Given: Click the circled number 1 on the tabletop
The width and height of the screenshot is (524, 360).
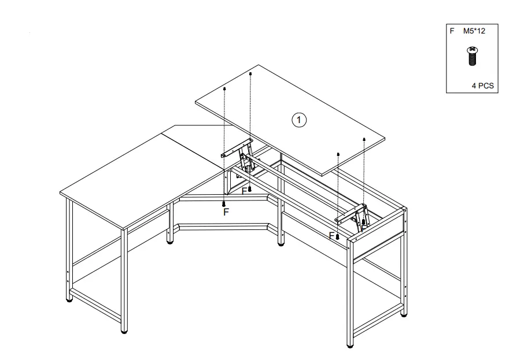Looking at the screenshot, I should coord(299,120).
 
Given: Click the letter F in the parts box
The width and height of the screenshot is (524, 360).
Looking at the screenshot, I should coord(452,32).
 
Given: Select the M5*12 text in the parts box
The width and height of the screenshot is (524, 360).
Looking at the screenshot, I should coord(474,32).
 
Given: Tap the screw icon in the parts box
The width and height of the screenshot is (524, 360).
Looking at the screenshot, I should coord(472,55).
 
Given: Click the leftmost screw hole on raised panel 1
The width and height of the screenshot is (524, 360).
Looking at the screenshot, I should coord(224,89).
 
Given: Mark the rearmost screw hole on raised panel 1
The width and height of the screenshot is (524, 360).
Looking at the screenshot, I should coord(250,74).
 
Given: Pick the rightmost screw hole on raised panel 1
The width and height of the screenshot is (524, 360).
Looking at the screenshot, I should coord(364,139).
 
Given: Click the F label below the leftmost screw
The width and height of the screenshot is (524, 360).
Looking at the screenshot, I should coord(226,213).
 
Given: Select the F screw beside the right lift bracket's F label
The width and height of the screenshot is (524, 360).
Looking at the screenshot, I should coord(337,236).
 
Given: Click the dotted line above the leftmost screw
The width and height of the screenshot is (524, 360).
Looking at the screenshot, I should coord(224,144).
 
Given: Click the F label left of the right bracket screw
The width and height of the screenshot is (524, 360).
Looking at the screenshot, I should coord(331,236).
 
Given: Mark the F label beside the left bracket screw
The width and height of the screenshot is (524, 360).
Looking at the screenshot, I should coord(244,191).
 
